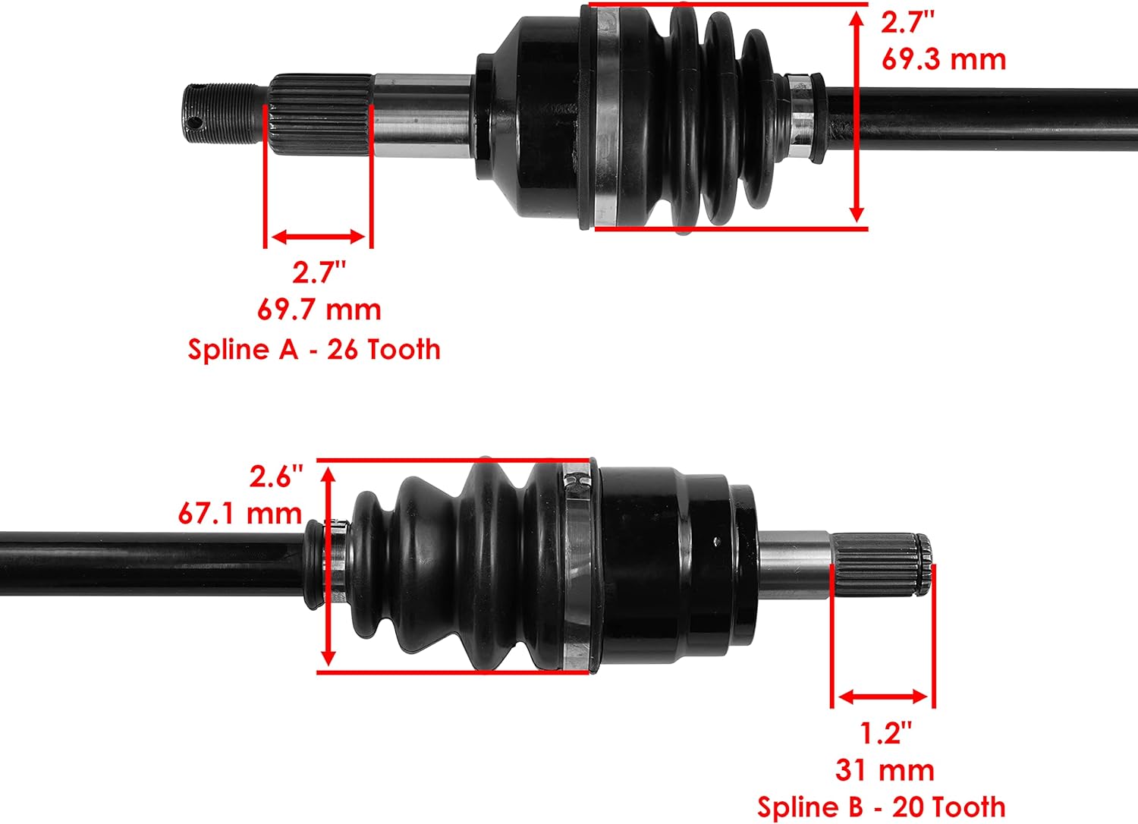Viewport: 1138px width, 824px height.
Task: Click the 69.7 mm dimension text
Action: coord(319,310)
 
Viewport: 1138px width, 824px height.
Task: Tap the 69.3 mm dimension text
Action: coord(943,59)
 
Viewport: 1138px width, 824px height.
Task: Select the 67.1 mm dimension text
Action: coord(240,514)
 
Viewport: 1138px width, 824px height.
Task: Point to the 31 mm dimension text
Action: coord(885,770)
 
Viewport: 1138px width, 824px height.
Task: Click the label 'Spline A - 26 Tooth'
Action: coord(314,349)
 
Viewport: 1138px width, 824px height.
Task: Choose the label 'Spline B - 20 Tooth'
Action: coord(881,807)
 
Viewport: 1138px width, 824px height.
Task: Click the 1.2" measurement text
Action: coord(885,733)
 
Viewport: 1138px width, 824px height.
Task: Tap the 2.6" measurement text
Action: coord(276,476)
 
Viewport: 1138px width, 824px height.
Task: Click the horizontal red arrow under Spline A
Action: coord(319,237)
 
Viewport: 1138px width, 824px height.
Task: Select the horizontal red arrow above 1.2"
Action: coord(883,697)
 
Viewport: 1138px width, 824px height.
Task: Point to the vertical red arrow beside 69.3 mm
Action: coord(857,115)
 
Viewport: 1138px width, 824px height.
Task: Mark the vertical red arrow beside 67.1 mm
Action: coord(329,565)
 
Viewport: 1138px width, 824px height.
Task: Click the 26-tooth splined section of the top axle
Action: coord(319,114)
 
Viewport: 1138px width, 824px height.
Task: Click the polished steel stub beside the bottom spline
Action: coord(794,564)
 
